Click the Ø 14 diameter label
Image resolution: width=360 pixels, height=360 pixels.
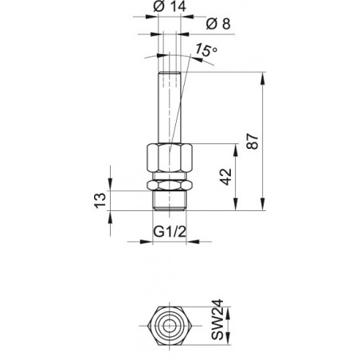170,6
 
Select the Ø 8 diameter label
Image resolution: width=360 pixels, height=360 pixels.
218,24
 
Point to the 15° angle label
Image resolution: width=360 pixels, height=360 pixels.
206,50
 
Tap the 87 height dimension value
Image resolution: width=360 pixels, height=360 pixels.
252,141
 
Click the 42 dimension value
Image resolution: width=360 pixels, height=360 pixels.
225,177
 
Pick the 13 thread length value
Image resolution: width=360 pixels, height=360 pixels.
100,201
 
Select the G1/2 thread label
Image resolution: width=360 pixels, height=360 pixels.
170,232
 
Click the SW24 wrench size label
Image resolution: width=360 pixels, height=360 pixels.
217,319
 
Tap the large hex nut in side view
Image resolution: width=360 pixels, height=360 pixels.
170,158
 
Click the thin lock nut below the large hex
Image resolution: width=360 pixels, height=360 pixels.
170,185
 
